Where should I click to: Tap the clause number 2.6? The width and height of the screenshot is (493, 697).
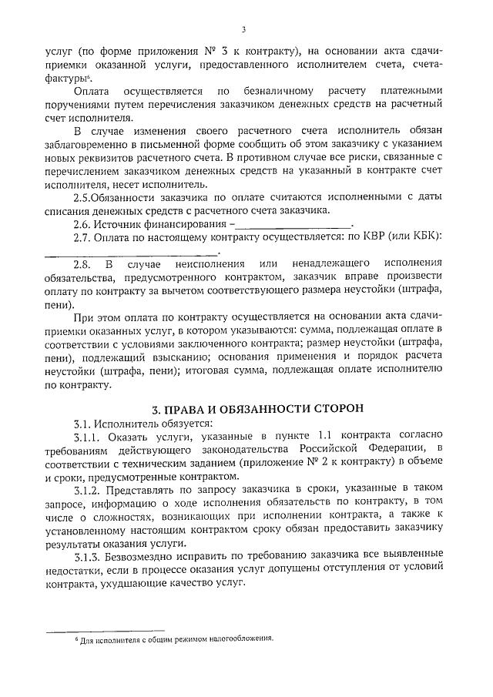pos(82,224)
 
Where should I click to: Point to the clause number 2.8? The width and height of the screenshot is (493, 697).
pos(82,264)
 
